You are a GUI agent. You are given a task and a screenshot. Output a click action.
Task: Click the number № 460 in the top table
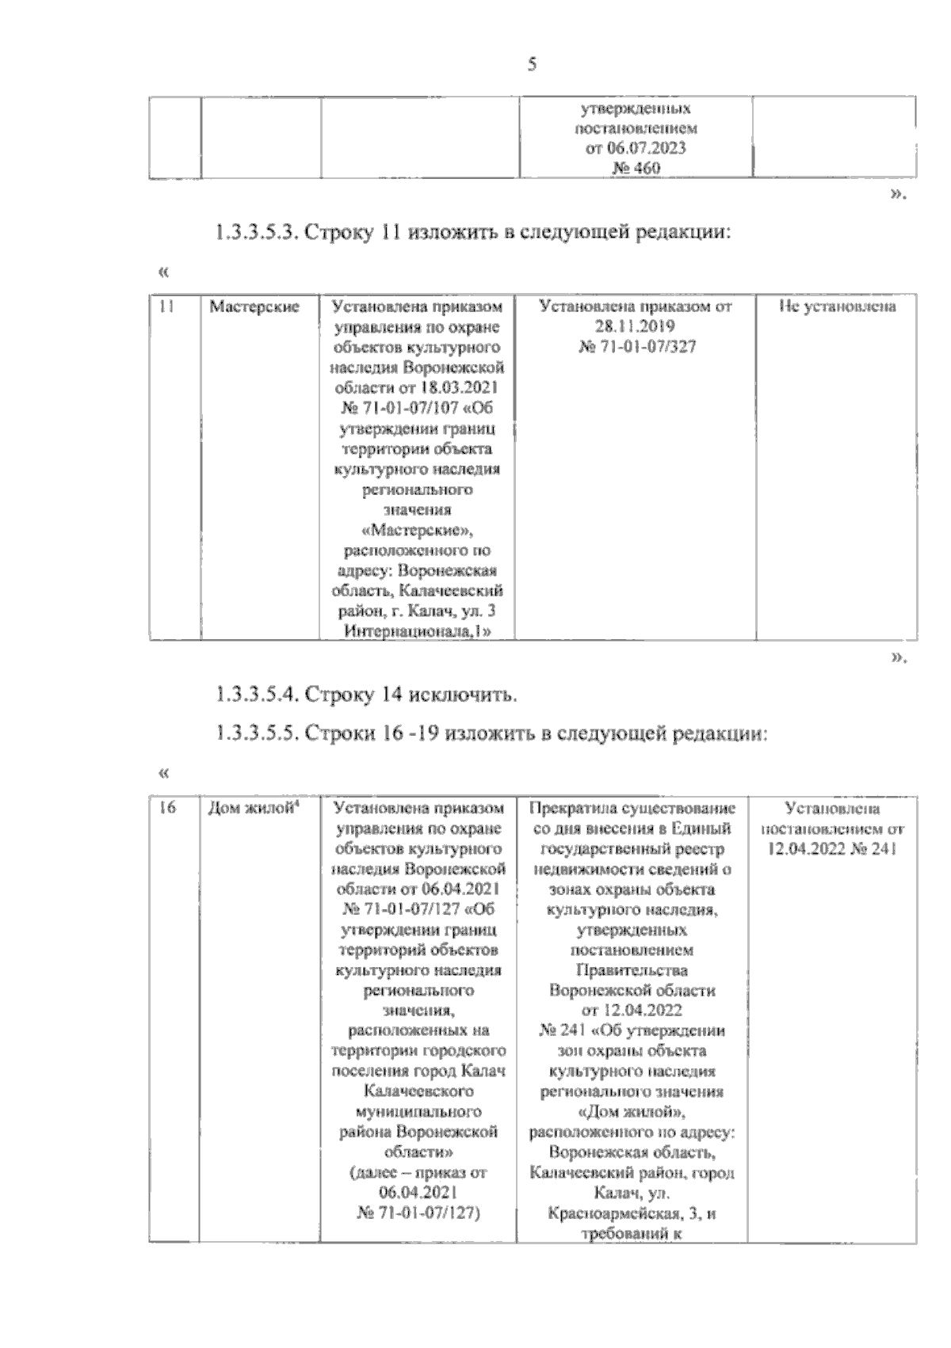(x=636, y=169)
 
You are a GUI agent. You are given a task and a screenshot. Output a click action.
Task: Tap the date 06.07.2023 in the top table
(x=636, y=149)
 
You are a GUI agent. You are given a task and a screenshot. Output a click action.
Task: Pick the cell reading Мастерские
(x=254, y=307)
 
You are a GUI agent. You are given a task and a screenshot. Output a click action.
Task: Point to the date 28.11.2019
(x=636, y=326)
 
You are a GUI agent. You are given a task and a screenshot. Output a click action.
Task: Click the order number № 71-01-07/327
(x=636, y=347)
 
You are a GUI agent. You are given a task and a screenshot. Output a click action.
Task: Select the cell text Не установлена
(x=837, y=307)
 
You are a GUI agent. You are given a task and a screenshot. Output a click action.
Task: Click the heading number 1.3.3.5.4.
(x=256, y=695)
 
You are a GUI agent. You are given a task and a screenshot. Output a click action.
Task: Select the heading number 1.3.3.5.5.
(x=256, y=733)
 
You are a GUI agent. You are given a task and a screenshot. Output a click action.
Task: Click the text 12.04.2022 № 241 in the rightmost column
(x=832, y=849)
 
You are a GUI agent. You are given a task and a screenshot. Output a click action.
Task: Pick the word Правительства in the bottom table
(x=632, y=970)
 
